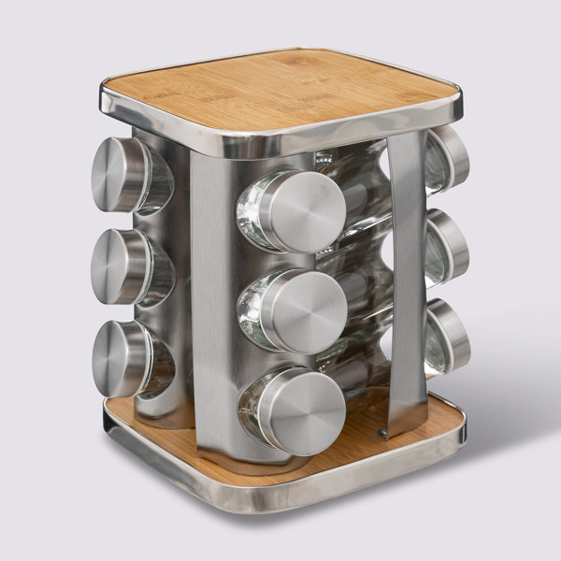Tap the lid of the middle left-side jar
[x=116, y=266]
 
